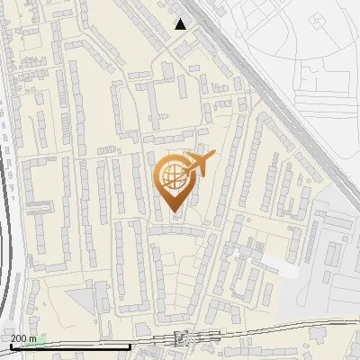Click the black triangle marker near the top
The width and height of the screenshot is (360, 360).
point(182,24)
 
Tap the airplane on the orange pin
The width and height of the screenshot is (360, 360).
point(198,164)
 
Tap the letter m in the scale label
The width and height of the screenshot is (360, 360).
point(33,338)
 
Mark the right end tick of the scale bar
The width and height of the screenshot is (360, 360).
point(131,346)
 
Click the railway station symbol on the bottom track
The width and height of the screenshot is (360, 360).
point(182,337)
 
